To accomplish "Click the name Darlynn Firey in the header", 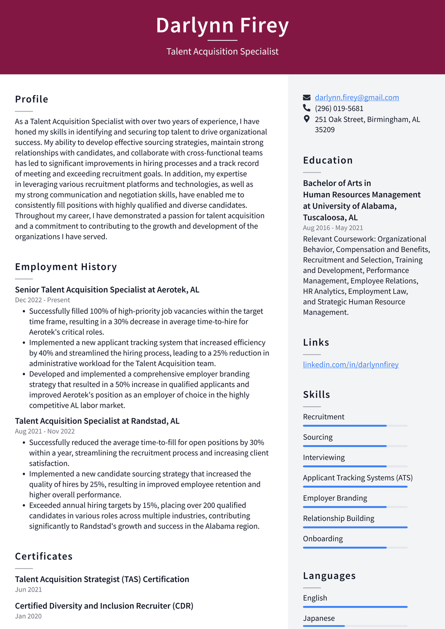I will tap(222, 25).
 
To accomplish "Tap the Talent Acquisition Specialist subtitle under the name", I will tap(222, 51).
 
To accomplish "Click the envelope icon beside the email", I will tap(307, 97).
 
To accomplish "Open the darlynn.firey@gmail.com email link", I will tap(357, 97).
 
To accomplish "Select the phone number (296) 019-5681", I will tap(339, 108).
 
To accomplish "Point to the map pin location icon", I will tap(307, 119).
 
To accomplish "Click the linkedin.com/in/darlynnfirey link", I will tap(350, 364).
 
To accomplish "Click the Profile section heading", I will tap(32, 99).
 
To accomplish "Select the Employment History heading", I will tap(66, 266).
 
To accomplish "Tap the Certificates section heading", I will tap(44, 556).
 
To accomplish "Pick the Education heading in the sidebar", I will tap(328, 160).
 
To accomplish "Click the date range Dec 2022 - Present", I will tap(42, 300).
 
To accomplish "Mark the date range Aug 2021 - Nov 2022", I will tap(45, 431).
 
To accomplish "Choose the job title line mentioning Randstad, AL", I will tap(97, 421).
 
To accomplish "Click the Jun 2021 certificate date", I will tap(28, 589).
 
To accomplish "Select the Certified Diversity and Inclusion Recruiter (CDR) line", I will tap(104, 606).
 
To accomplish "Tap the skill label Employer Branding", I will tap(335, 498).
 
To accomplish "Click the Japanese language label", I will tap(319, 618).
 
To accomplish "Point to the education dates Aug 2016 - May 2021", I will tap(333, 228).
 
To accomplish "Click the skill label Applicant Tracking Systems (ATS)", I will tap(358, 478).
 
